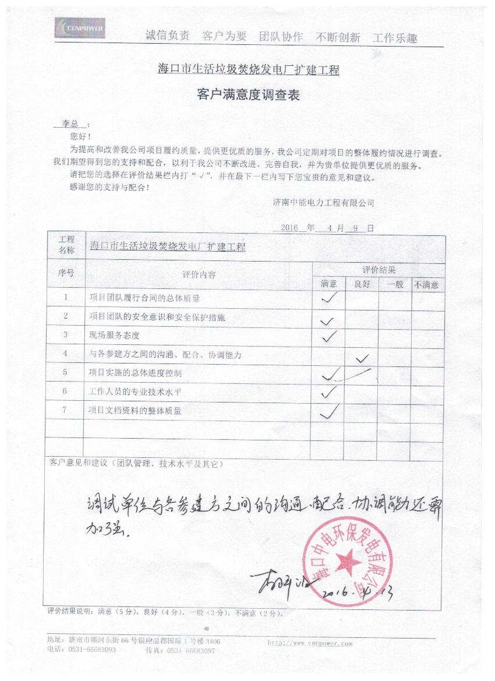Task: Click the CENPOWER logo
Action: click(x=80, y=27)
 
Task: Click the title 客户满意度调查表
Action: click(x=249, y=96)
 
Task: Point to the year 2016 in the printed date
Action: click(x=289, y=228)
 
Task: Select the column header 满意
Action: click(x=329, y=285)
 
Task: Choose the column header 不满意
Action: click(x=427, y=285)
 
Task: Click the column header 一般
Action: click(x=395, y=285)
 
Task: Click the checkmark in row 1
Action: click(x=330, y=298)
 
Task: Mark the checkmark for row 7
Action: click(x=330, y=412)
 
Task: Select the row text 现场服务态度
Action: click(x=115, y=336)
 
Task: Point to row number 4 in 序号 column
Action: click(x=66, y=354)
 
